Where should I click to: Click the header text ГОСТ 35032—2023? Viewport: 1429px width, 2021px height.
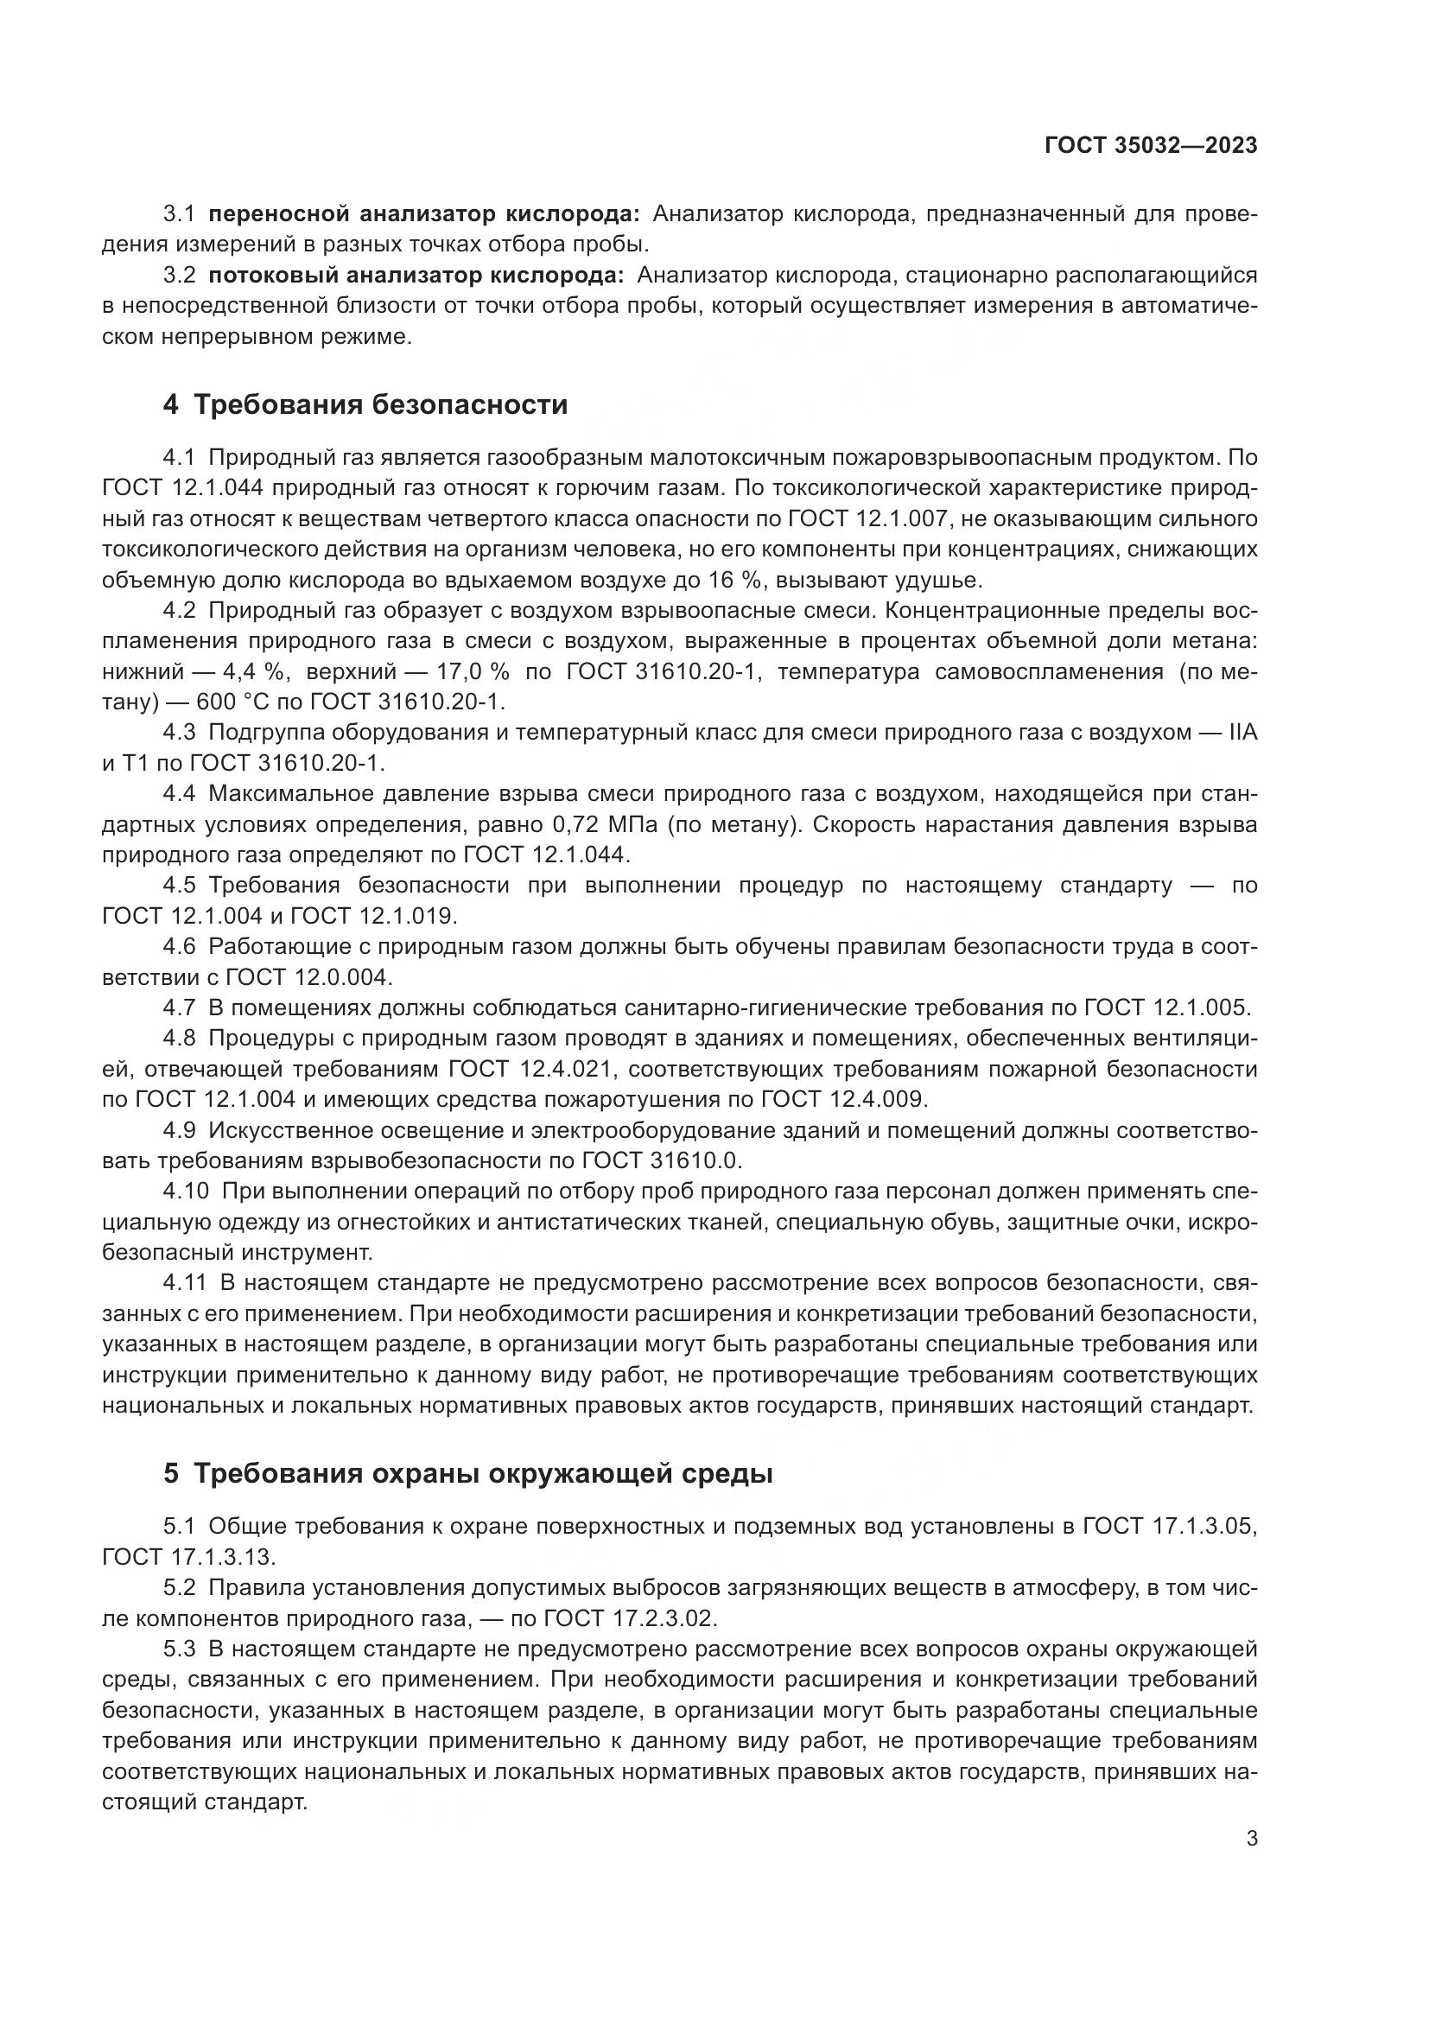1151,145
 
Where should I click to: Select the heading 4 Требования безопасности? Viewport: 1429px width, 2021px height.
365,405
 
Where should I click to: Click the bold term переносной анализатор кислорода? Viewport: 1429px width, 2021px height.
425,214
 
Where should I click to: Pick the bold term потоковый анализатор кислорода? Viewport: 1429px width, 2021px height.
416,276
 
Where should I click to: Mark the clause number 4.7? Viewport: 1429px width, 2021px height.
180,1007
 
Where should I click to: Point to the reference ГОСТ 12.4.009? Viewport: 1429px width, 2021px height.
843,1099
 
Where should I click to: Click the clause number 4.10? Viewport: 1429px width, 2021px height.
186,1191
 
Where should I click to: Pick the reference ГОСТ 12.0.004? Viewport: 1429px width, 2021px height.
307,977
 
